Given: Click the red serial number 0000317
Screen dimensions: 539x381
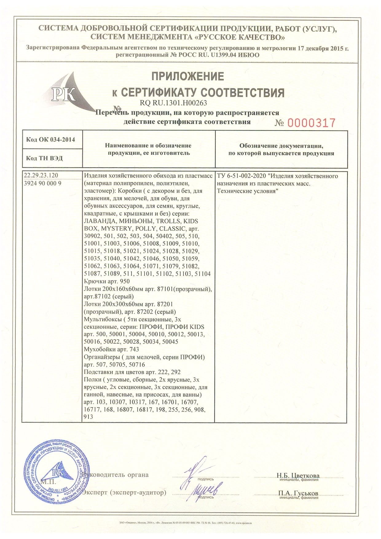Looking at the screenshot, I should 311,123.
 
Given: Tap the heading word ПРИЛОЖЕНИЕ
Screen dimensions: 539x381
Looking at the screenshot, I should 188,76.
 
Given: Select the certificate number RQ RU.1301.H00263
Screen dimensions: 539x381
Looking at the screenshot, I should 173,103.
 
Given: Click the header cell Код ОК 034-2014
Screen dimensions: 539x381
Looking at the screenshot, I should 50,140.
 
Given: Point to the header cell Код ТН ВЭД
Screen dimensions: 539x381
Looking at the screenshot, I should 44,158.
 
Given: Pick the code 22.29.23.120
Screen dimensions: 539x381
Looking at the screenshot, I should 41,176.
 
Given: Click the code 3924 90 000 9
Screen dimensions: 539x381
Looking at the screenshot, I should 43,183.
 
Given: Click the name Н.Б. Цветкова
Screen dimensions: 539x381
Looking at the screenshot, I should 298,476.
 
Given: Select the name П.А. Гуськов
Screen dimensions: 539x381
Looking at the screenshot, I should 298,493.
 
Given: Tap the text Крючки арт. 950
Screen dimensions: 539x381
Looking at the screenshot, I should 107,281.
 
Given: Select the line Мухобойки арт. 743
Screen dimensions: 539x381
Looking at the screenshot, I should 111,349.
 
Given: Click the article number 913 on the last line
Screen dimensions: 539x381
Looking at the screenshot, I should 88,417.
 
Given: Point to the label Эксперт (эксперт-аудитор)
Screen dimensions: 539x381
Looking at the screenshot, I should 124,493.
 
